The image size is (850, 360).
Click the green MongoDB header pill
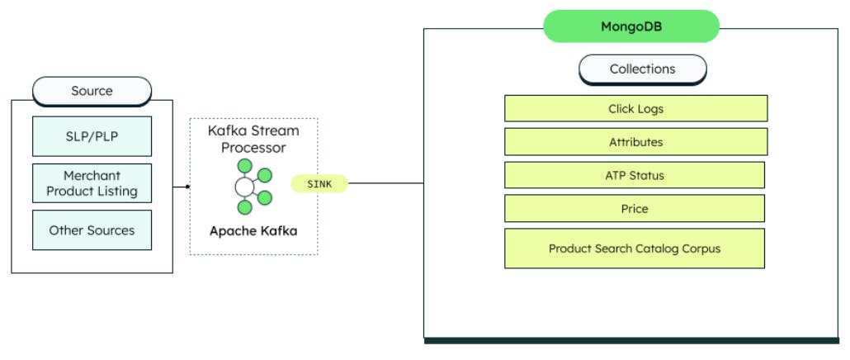click(x=631, y=26)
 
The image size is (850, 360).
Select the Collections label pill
click(x=642, y=69)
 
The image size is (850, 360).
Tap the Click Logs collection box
click(x=635, y=109)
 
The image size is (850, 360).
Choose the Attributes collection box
click(x=635, y=142)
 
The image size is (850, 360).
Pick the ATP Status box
click(x=634, y=175)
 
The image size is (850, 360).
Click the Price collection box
click(x=634, y=209)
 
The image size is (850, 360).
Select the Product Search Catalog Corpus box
click(x=634, y=249)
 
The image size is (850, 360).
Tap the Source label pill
click(x=92, y=91)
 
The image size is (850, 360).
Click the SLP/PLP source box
click(x=92, y=136)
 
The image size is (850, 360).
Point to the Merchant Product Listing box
click(x=92, y=183)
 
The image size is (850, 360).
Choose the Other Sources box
click(x=92, y=230)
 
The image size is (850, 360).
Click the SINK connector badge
click(x=319, y=184)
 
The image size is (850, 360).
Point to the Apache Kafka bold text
click(x=253, y=230)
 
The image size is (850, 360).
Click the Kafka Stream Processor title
click(x=253, y=140)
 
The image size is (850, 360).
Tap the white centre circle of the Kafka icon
click(x=244, y=187)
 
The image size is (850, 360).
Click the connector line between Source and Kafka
click(x=181, y=187)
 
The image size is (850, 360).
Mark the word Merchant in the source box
click(x=92, y=176)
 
